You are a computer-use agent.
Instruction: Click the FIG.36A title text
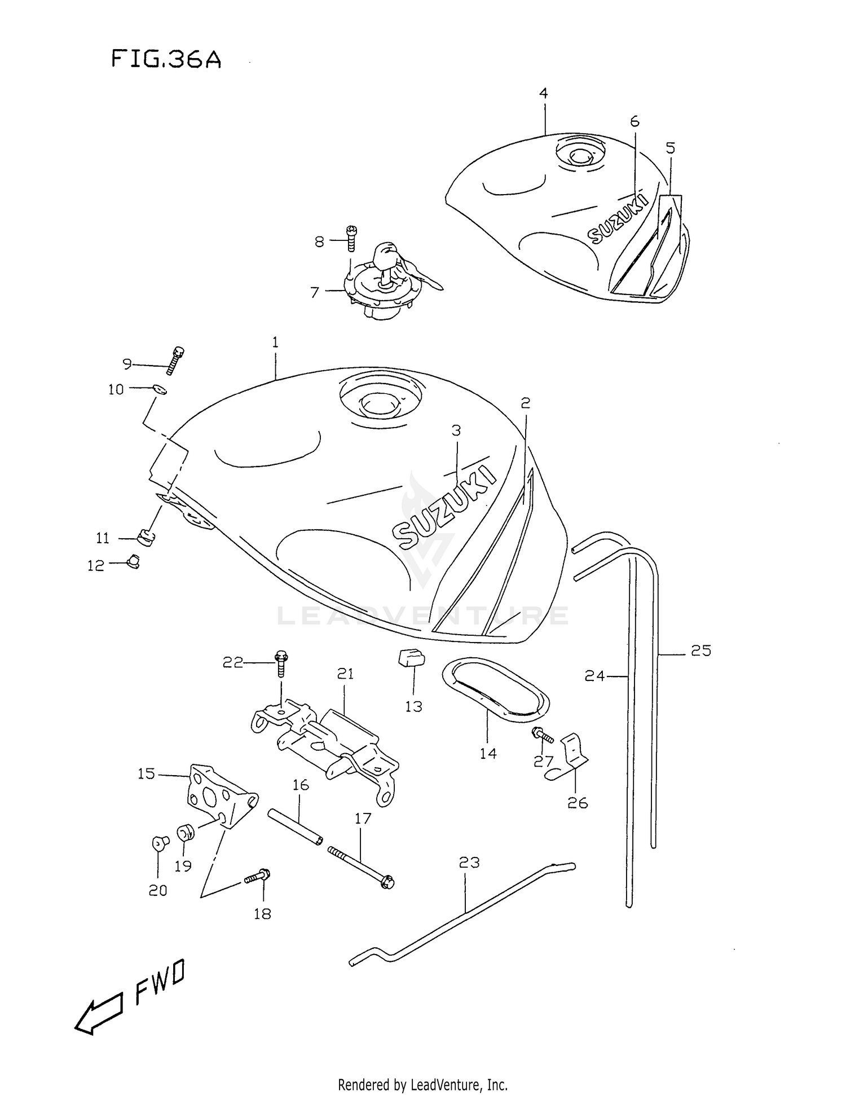click(166, 59)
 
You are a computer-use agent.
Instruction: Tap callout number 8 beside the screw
click(319, 241)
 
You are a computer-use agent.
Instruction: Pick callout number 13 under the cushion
click(413, 706)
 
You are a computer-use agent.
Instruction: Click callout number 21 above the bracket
click(345, 673)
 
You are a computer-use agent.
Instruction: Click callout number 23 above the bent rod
click(469, 862)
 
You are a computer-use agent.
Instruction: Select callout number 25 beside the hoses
click(701, 650)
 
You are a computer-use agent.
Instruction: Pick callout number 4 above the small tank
click(543, 93)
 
